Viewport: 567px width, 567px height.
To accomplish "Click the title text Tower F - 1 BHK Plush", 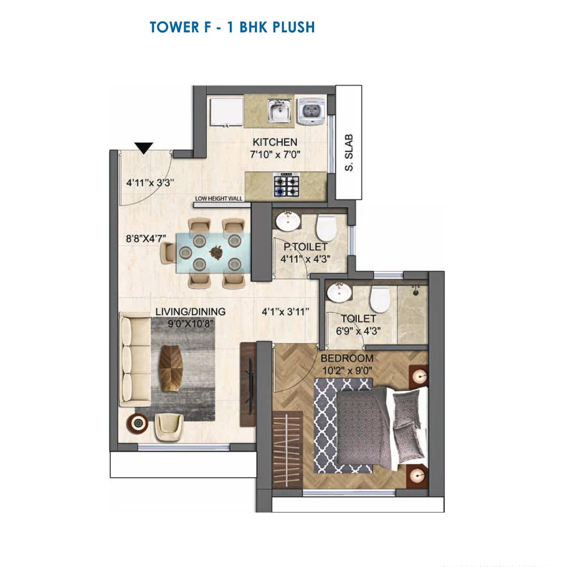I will pos(232,27).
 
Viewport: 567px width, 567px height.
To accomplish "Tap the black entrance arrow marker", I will pos(144,148).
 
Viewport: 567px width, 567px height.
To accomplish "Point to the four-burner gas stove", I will pos(286,185).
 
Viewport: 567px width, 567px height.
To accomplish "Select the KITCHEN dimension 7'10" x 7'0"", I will pos(275,154).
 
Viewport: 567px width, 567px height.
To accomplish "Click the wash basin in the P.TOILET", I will pos(287,221).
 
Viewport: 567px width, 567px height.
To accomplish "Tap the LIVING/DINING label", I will pos(190,312).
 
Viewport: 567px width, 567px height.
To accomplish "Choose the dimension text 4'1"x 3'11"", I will pos(285,312).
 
